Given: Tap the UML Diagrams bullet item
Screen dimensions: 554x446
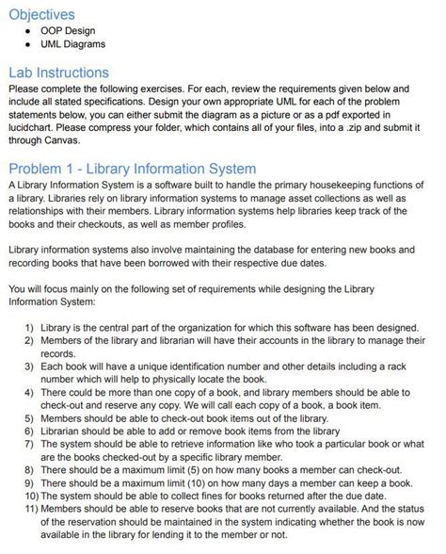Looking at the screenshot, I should (72, 43).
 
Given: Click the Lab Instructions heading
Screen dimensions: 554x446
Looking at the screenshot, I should (58, 73).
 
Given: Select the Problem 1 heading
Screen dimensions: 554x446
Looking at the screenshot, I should (132, 169).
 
